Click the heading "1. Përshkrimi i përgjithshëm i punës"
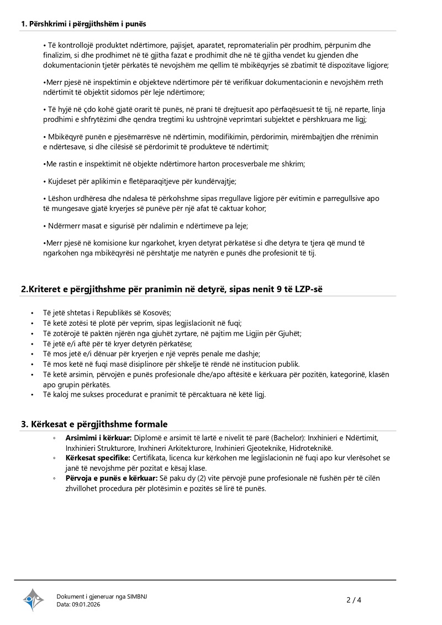pos(83,24)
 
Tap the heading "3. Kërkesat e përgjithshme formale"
pos(94,424)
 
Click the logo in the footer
pos(33,600)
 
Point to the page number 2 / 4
pos(354,600)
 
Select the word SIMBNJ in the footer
pos(137,596)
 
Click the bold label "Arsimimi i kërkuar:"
pos(94,437)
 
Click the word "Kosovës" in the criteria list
pos(157,313)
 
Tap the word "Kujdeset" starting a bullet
pos(62,181)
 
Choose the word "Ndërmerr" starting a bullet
pos(64,226)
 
